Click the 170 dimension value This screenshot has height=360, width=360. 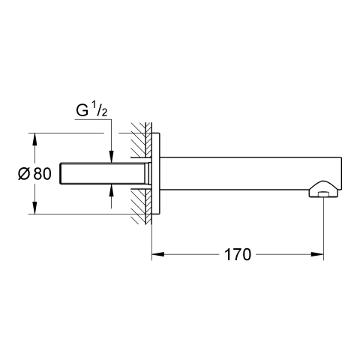click(x=238, y=254)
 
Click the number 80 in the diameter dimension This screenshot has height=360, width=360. click(x=43, y=174)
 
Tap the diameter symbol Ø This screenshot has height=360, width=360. click(x=24, y=174)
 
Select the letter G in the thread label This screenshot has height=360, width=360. click(x=82, y=111)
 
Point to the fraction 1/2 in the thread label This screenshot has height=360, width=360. click(x=100, y=109)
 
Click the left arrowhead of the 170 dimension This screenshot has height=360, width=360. click(x=158, y=254)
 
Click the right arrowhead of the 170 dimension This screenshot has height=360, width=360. click(x=317, y=254)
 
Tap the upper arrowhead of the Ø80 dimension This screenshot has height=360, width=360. click(x=34, y=139)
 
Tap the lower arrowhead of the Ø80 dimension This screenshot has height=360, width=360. click(x=34, y=208)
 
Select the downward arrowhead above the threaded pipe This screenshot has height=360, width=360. click(x=112, y=157)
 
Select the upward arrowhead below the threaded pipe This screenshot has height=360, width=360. click(x=112, y=191)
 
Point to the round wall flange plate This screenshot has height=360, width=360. click(x=155, y=174)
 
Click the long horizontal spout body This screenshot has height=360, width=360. click(x=250, y=173)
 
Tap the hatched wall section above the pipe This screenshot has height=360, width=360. click(x=141, y=140)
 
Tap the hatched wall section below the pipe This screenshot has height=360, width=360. click(x=141, y=206)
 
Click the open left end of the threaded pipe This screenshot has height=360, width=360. click(x=60, y=174)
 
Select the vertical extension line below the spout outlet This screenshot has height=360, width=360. click(x=324, y=228)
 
